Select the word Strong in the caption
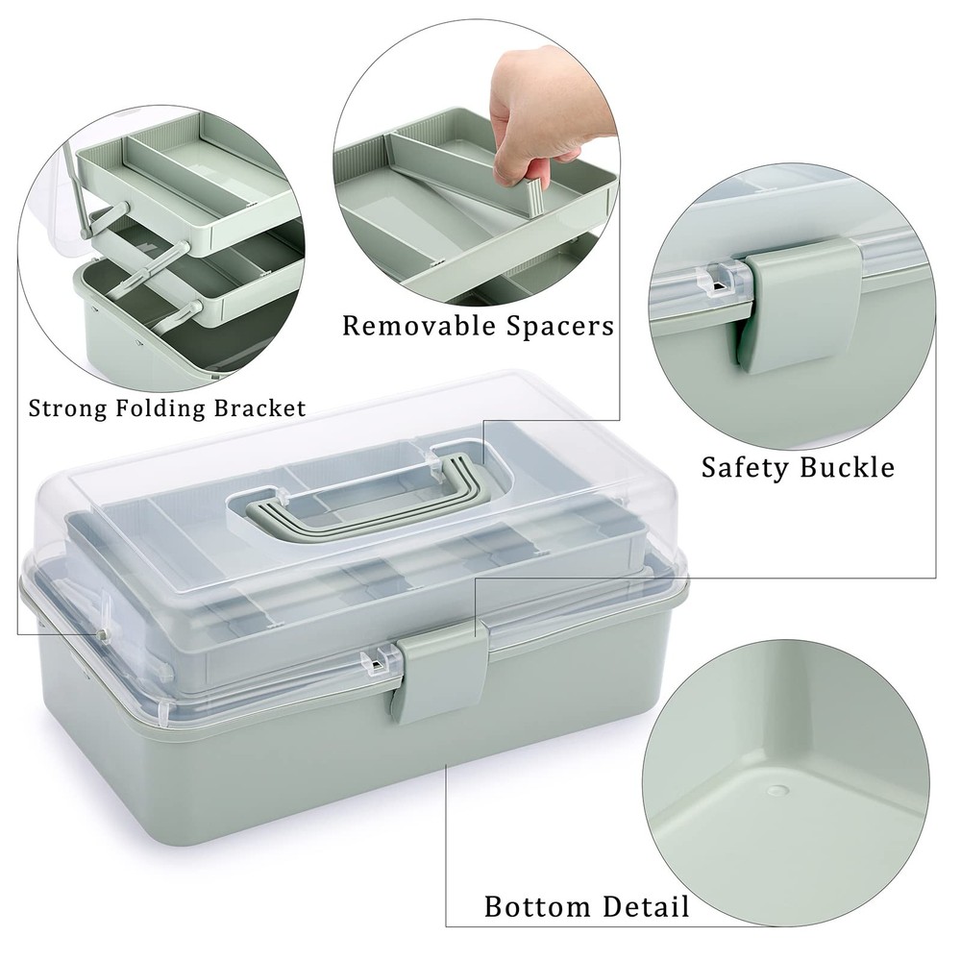68,407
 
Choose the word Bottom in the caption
536,906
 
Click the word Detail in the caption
646,906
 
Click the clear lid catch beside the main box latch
380,661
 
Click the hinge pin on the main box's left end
100,635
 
